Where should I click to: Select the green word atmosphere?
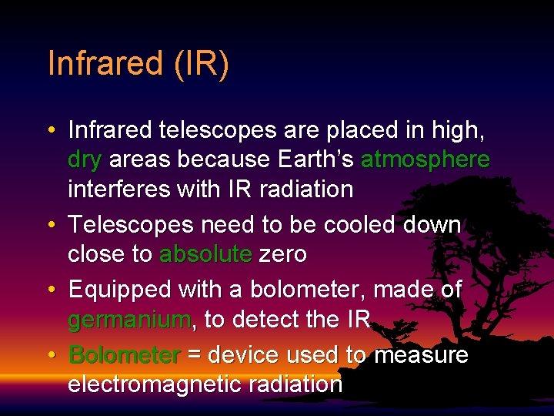(425, 159)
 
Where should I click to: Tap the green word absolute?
(205, 254)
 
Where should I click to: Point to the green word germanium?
(128, 319)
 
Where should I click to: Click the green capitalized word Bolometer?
(125, 355)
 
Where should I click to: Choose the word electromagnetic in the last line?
(157, 384)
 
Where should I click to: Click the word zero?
(282, 254)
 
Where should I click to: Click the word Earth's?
(315, 159)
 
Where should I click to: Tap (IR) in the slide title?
(201, 63)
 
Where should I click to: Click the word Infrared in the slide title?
(105, 63)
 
